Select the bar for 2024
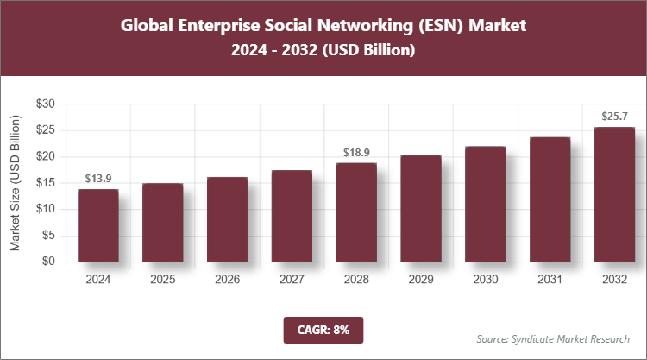(x=98, y=225)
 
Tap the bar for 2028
(x=356, y=212)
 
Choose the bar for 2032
(x=614, y=194)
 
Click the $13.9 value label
(x=98, y=178)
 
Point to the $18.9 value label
(x=356, y=152)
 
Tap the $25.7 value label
(x=614, y=116)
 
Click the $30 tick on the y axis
(x=46, y=104)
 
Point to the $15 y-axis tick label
(x=46, y=183)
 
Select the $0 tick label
(x=49, y=262)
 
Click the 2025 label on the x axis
(x=163, y=280)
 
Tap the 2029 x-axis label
(x=421, y=280)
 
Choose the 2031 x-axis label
(x=550, y=280)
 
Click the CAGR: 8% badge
(x=323, y=329)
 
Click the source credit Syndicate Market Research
(x=553, y=338)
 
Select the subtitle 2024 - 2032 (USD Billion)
(x=323, y=51)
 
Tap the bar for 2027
(x=292, y=216)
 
